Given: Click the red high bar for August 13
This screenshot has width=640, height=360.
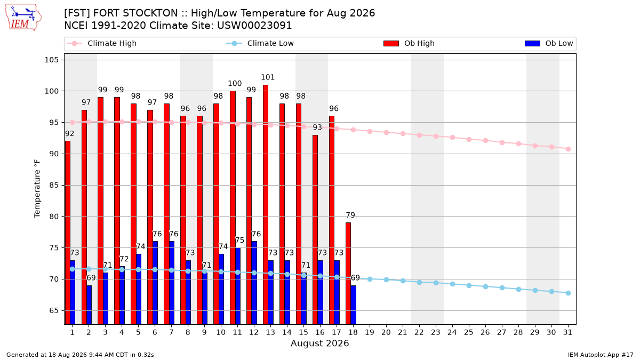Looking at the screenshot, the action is pyautogui.click(x=266, y=205).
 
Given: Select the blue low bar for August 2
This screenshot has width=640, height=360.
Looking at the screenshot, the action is pyautogui.click(x=89, y=305).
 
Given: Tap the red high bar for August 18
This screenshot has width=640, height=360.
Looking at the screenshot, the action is pyautogui.click(x=348, y=274).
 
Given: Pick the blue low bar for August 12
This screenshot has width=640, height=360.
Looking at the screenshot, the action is pyautogui.click(x=254, y=283).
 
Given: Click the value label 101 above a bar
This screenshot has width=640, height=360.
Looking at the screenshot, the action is pyautogui.click(x=268, y=77).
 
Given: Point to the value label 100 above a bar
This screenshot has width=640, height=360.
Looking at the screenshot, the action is pyautogui.click(x=235, y=83).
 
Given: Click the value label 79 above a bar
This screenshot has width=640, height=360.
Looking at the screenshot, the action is pyautogui.click(x=350, y=215).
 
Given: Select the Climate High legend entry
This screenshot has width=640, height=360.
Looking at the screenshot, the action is pyautogui.click(x=101, y=43).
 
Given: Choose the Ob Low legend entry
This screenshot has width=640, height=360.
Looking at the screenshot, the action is pyautogui.click(x=549, y=43).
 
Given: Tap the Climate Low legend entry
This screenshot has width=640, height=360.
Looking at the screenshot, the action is pyautogui.click(x=260, y=43).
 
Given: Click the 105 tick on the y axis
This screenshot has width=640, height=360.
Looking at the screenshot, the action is pyautogui.click(x=51, y=60).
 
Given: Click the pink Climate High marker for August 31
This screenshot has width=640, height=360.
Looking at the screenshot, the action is pyautogui.click(x=568, y=149).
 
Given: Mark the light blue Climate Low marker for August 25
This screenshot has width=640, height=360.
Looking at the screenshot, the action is pyautogui.click(x=469, y=285).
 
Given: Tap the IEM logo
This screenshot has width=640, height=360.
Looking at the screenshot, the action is pyautogui.click(x=23, y=18).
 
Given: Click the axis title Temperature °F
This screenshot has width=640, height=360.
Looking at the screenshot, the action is pyautogui.click(x=37, y=189).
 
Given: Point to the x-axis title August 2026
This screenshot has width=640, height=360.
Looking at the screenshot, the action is pyautogui.click(x=319, y=343).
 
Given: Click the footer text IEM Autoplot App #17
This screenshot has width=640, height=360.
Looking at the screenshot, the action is pyautogui.click(x=601, y=355).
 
